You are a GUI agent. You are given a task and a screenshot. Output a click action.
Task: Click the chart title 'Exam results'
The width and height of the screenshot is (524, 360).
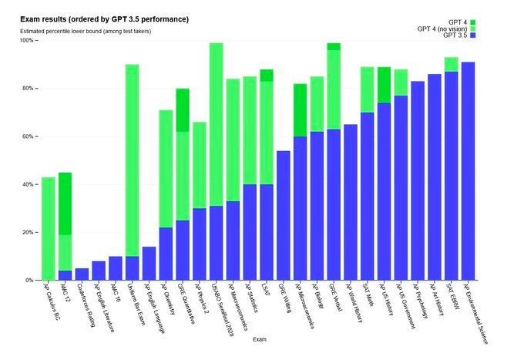pyautogui.click(x=103, y=19)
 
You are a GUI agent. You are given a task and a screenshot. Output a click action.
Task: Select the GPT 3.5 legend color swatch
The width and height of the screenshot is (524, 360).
pyautogui.click(x=472, y=36)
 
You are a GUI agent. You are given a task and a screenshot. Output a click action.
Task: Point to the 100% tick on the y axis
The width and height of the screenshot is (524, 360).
pyautogui.click(x=26, y=41)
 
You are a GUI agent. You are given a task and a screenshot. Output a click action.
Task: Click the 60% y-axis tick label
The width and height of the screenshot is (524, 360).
pyautogui.click(x=26, y=136)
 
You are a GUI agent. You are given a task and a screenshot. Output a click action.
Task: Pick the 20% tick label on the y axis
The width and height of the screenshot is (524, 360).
pyautogui.click(x=26, y=232)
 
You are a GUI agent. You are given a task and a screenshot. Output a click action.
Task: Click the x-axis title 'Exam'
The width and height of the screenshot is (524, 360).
pyautogui.click(x=263, y=338)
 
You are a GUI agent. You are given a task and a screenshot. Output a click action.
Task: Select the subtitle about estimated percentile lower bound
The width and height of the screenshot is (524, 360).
pyautogui.click(x=85, y=31)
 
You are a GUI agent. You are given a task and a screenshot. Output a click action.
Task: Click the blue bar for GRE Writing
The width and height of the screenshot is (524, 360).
pyautogui.click(x=283, y=215)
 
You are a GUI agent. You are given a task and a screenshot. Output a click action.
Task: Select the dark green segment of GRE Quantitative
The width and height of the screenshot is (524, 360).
pyautogui.click(x=183, y=110)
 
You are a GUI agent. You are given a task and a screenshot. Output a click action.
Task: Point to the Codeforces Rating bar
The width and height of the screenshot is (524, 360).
pyautogui.click(x=82, y=274)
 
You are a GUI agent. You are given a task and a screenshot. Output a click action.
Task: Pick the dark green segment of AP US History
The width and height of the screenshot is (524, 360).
pyautogui.click(x=384, y=85)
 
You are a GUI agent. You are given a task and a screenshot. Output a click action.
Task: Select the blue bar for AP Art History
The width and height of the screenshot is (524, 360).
pyautogui.click(x=434, y=177)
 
